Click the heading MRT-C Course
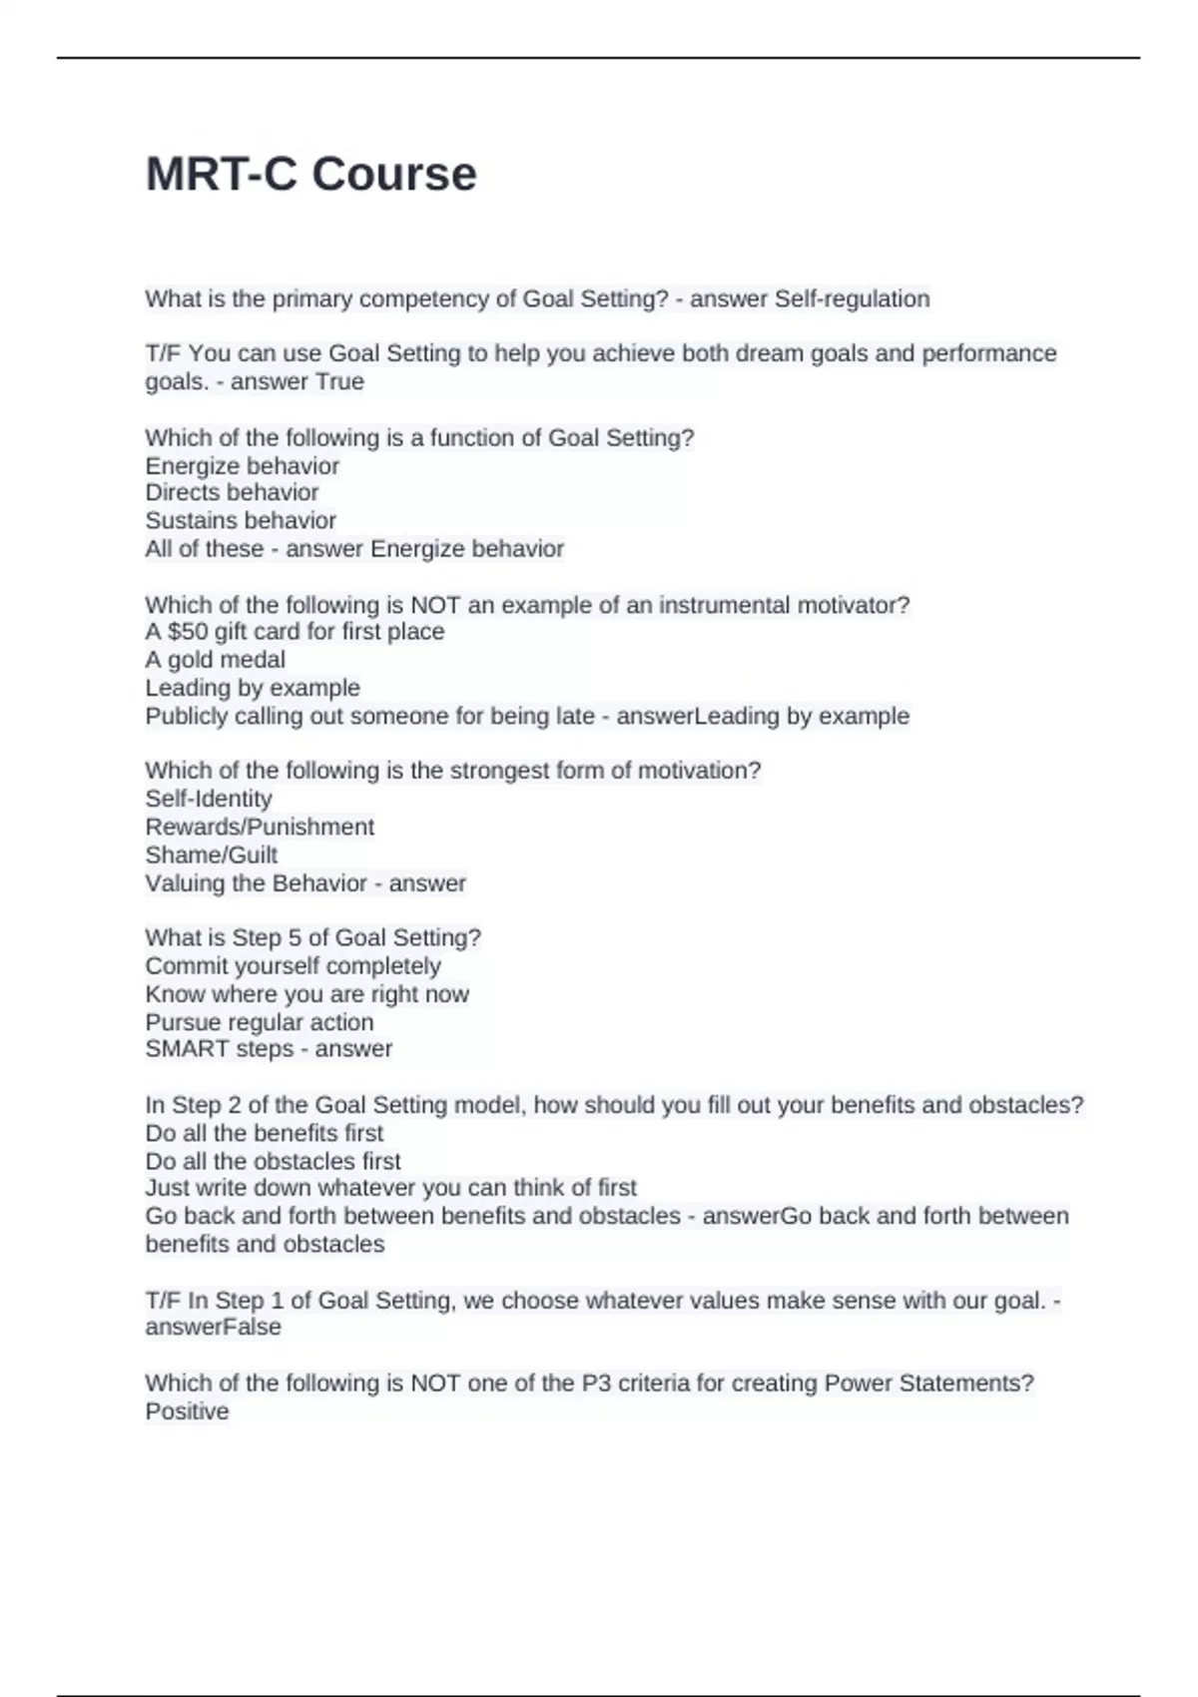[x=310, y=174]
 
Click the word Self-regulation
[x=852, y=298]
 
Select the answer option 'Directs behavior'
[x=232, y=492]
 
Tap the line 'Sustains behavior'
[x=241, y=520]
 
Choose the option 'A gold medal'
[x=215, y=659]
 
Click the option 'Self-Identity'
[x=208, y=799]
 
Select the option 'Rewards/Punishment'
[x=260, y=827]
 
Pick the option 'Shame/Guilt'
[x=211, y=854]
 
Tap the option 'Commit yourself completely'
[x=293, y=966]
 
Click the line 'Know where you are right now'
[x=306, y=994]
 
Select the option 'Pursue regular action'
[x=259, y=1022]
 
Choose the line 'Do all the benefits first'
[x=264, y=1133]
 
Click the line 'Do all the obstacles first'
[x=273, y=1161]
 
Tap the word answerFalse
[x=213, y=1328]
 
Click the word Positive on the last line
[x=187, y=1412]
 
